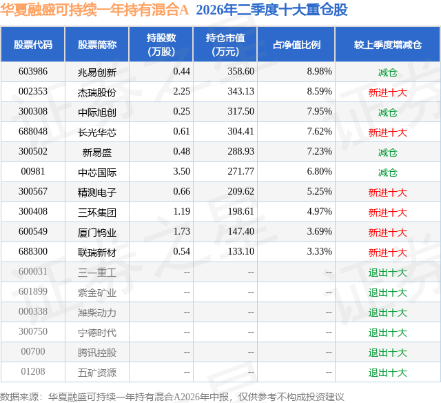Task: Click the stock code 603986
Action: (33, 72)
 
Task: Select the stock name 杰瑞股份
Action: (97, 92)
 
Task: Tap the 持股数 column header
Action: (161, 44)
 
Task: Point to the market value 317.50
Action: (240, 112)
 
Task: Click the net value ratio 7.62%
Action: (319, 132)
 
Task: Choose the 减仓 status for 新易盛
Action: (387, 153)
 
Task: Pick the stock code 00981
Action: (33, 172)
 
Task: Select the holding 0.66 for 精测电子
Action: (181, 192)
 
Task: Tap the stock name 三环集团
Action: (97, 213)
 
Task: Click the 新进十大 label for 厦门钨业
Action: (387, 233)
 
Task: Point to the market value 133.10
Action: (240, 251)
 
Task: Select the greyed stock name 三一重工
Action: (97, 273)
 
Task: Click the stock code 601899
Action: (33, 291)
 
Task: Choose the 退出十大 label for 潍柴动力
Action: (387, 313)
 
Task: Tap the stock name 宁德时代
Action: (97, 333)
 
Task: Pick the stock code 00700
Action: (33, 351)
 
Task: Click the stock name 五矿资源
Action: (97, 373)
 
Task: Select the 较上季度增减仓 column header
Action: (387, 45)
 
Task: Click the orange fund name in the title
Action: (94, 10)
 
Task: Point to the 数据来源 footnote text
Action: (172, 397)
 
